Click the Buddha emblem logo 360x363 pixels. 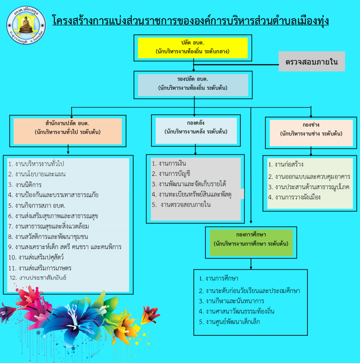(x=26, y=25)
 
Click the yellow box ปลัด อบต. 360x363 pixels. (x=192, y=48)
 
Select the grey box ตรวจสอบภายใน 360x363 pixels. (x=311, y=62)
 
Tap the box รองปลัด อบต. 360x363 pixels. (x=193, y=84)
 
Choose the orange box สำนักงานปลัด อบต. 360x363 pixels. (x=68, y=131)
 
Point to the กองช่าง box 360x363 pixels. (x=311, y=133)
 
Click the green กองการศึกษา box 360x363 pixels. (x=251, y=242)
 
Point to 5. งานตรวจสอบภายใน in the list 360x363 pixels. (x=181, y=205)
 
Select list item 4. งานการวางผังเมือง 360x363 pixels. (x=294, y=197)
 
